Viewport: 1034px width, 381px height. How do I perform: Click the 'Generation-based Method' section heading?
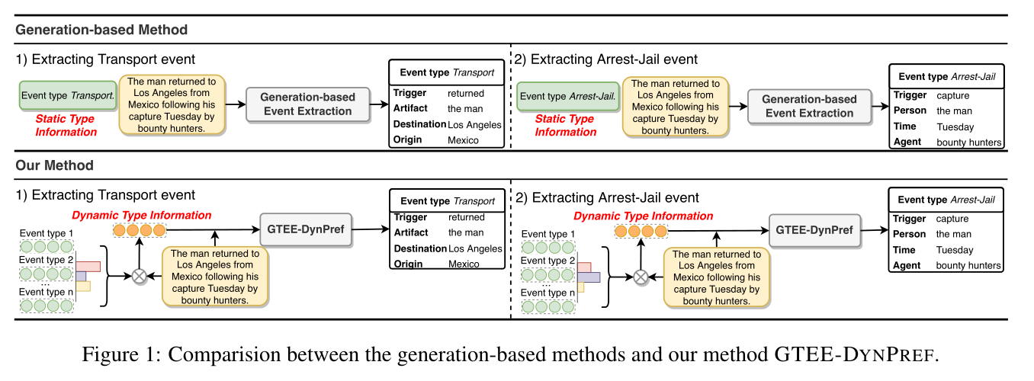click(101, 30)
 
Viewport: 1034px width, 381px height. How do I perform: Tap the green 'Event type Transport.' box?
click(67, 96)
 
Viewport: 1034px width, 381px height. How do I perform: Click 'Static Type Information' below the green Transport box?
click(66, 126)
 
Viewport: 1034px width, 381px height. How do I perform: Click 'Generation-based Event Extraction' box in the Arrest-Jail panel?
click(809, 106)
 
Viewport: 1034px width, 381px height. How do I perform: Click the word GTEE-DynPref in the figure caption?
click(854, 354)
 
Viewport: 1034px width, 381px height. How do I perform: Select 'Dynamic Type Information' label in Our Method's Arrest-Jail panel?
click(643, 216)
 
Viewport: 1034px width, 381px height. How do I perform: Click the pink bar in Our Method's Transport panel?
click(88, 266)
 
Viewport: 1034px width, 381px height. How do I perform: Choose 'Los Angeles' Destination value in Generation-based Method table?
click(474, 124)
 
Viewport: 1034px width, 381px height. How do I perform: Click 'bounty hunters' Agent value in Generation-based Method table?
click(969, 142)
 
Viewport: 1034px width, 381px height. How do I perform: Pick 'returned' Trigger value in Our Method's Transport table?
click(467, 217)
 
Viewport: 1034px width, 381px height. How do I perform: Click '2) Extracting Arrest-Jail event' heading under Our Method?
click(606, 197)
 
